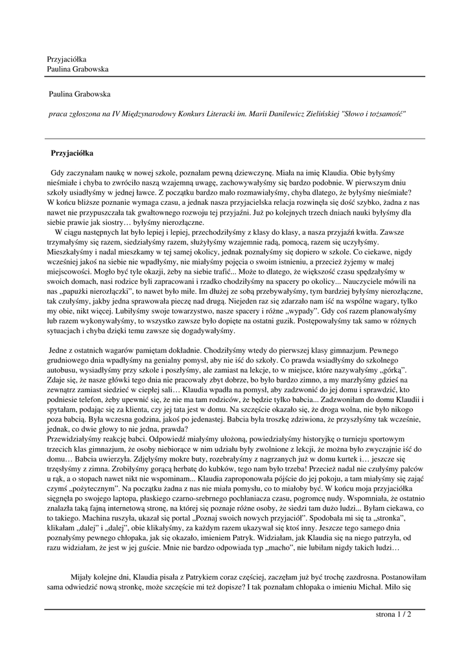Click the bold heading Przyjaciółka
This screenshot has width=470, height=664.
point(73,154)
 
